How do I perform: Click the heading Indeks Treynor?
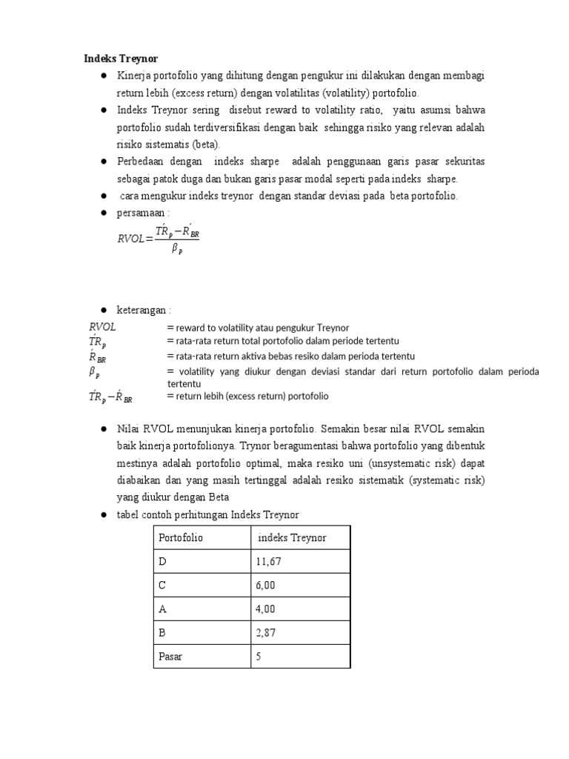[x=120, y=59]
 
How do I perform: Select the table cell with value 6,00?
[x=265, y=586]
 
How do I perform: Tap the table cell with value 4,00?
[x=265, y=609]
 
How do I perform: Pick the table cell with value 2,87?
[x=265, y=632]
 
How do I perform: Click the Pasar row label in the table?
[x=170, y=656]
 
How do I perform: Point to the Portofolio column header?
[x=181, y=537]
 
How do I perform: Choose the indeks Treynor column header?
[x=292, y=537]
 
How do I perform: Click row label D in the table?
[x=163, y=562]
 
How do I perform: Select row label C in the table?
[x=163, y=586]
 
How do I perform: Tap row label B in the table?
[x=163, y=632]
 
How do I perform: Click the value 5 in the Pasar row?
[x=259, y=656]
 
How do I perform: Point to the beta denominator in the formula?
[x=177, y=250]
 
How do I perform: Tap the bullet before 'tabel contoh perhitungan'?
[x=104, y=515]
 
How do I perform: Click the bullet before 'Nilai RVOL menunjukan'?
[x=104, y=429]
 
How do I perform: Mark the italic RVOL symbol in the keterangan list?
[x=103, y=327]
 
